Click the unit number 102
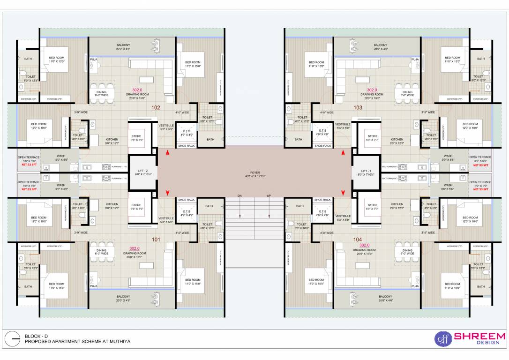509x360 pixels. [156, 107]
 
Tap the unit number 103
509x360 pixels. [358, 107]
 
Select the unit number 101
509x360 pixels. [156, 240]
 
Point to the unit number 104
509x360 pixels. [358, 239]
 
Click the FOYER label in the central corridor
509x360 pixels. [254, 172]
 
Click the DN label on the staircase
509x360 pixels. [240, 196]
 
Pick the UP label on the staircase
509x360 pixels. [269, 196]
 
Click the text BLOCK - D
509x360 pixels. [37, 336]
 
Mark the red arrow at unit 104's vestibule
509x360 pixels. [343, 193]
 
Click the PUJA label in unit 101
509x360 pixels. [94, 285]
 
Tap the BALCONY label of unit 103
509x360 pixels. [381, 45]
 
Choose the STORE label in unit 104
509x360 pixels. [373, 205]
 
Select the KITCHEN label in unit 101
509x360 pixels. [112, 204]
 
